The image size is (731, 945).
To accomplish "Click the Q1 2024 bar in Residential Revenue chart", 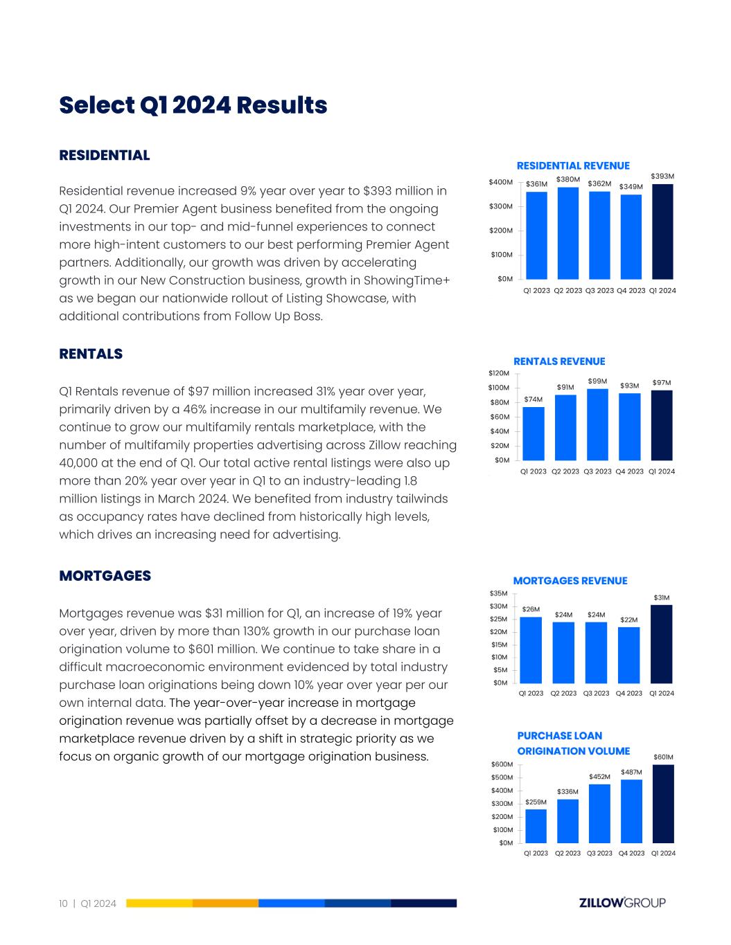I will click(662, 231).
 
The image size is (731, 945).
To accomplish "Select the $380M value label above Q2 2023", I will click(567, 179).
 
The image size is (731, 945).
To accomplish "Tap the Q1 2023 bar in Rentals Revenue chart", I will click(534, 433).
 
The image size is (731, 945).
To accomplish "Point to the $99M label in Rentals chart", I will click(597, 381).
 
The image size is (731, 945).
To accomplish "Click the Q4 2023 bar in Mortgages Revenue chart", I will click(628, 655).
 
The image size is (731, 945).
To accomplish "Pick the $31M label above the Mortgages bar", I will click(662, 597).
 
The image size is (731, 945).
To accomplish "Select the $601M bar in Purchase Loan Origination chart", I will click(663, 804).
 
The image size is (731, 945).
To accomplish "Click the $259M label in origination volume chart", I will click(536, 802).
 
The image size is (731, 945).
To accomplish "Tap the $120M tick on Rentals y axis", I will click(499, 373).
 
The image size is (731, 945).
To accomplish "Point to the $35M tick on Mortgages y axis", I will click(499, 593).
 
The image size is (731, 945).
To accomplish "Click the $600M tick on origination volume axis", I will click(502, 764).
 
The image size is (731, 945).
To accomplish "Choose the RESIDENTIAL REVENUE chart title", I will click(573, 165).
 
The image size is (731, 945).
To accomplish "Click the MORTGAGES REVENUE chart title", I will click(570, 581).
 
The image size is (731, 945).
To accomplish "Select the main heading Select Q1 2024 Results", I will click(193, 105).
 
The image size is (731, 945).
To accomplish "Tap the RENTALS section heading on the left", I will click(91, 354).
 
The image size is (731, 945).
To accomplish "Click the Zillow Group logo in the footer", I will click(622, 903).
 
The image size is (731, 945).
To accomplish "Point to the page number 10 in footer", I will click(63, 903).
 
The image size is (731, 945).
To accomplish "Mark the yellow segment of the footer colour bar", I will click(159, 903).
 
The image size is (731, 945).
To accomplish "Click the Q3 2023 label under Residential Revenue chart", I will click(599, 291).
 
